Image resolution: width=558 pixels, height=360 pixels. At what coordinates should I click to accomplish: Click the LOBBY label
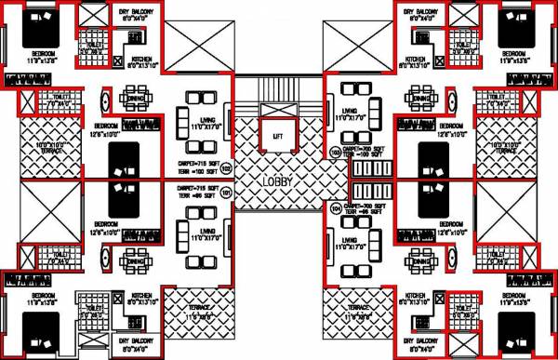(278, 181)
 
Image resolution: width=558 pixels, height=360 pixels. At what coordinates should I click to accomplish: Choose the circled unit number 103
(335, 152)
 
